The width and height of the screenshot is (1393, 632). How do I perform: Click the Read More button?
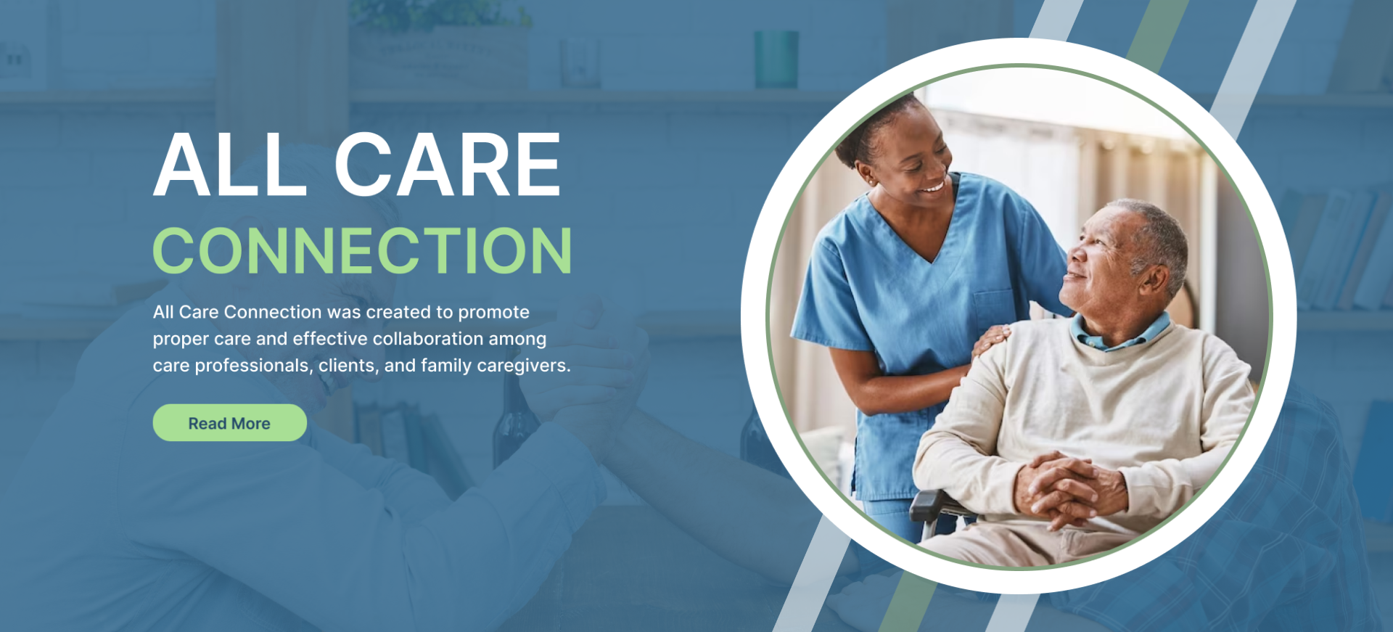[229, 422]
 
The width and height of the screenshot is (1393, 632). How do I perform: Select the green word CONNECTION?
[362, 250]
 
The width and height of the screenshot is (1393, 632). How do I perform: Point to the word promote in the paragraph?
[493, 313]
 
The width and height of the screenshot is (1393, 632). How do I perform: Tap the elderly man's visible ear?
[1154, 281]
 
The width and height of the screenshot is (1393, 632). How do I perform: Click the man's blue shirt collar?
[1121, 334]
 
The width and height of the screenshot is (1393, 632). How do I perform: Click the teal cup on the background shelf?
[776, 59]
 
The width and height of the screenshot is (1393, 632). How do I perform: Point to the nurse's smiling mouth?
[930, 188]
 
